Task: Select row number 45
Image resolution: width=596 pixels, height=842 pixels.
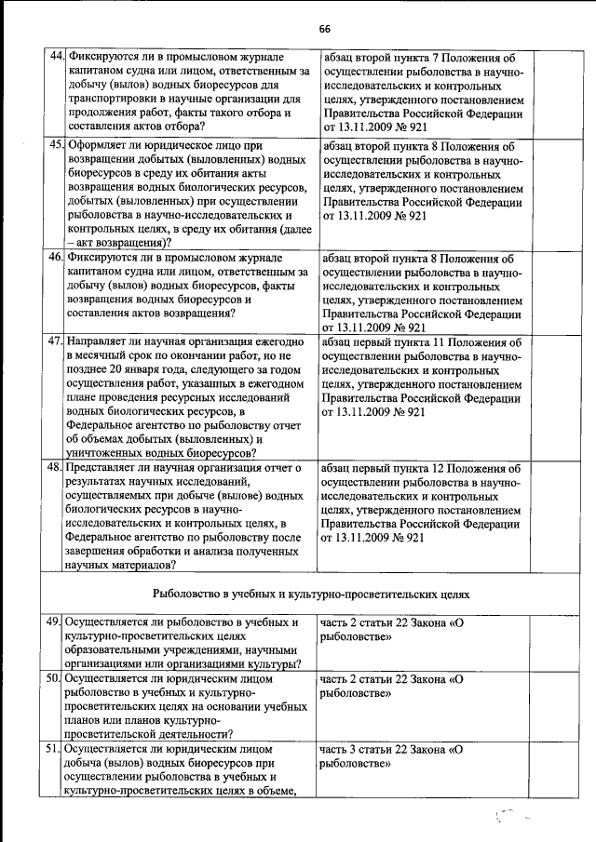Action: click(x=55, y=146)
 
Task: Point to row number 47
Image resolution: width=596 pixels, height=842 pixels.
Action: click(x=55, y=341)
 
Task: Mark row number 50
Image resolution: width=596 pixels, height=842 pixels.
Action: click(x=55, y=680)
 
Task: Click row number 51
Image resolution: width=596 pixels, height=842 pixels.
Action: click(x=55, y=748)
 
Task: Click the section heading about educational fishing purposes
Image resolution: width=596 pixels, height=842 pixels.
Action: click(x=310, y=592)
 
